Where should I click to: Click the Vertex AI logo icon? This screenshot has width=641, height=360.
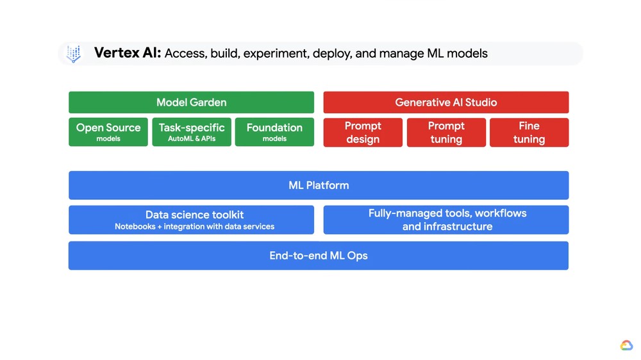pyautogui.click(x=74, y=54)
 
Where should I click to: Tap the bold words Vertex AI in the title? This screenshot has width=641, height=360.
pyautogui.click(x=127, y=53)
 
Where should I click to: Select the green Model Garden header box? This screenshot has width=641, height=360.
pyautogui.click(x=191, y=102)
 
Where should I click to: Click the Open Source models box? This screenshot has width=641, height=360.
pyautogui.click(x=108, y=132)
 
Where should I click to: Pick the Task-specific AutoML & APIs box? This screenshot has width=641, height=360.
pyautogui.click(x=192, y=132)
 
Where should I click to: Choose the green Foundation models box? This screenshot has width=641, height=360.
pyautogui.click(x=274, y=132)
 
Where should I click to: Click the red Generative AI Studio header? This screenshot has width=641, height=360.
pyautogui.click(x=445, y=102)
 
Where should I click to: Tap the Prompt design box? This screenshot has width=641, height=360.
pyautogui.click(x=363, y=132)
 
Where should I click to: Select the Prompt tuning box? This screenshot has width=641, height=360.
pyautogui.click(x=446, y=132)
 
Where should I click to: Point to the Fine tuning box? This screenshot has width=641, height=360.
pyautogui.click(x=529, y=132)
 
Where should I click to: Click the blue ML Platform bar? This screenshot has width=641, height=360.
pyautogui.click(x=319, y=185)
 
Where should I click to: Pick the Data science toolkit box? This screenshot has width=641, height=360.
pyautogui.click(x=191, y=220)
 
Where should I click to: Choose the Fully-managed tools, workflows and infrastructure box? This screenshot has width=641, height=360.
pyautogui.click(x=446, y=220)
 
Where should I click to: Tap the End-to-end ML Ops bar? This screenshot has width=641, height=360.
pyautogui.click(x=319, y=256)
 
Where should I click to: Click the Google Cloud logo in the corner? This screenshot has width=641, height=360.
pyautogui.click(x=626, y=346)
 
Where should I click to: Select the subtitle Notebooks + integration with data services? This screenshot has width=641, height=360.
pyautogui.click(x=194, y=227)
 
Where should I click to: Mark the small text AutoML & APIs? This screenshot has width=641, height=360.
pyautogui.click(x=192, y=139)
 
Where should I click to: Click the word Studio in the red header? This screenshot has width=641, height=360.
pyautogui.click(x=481, y=102)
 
